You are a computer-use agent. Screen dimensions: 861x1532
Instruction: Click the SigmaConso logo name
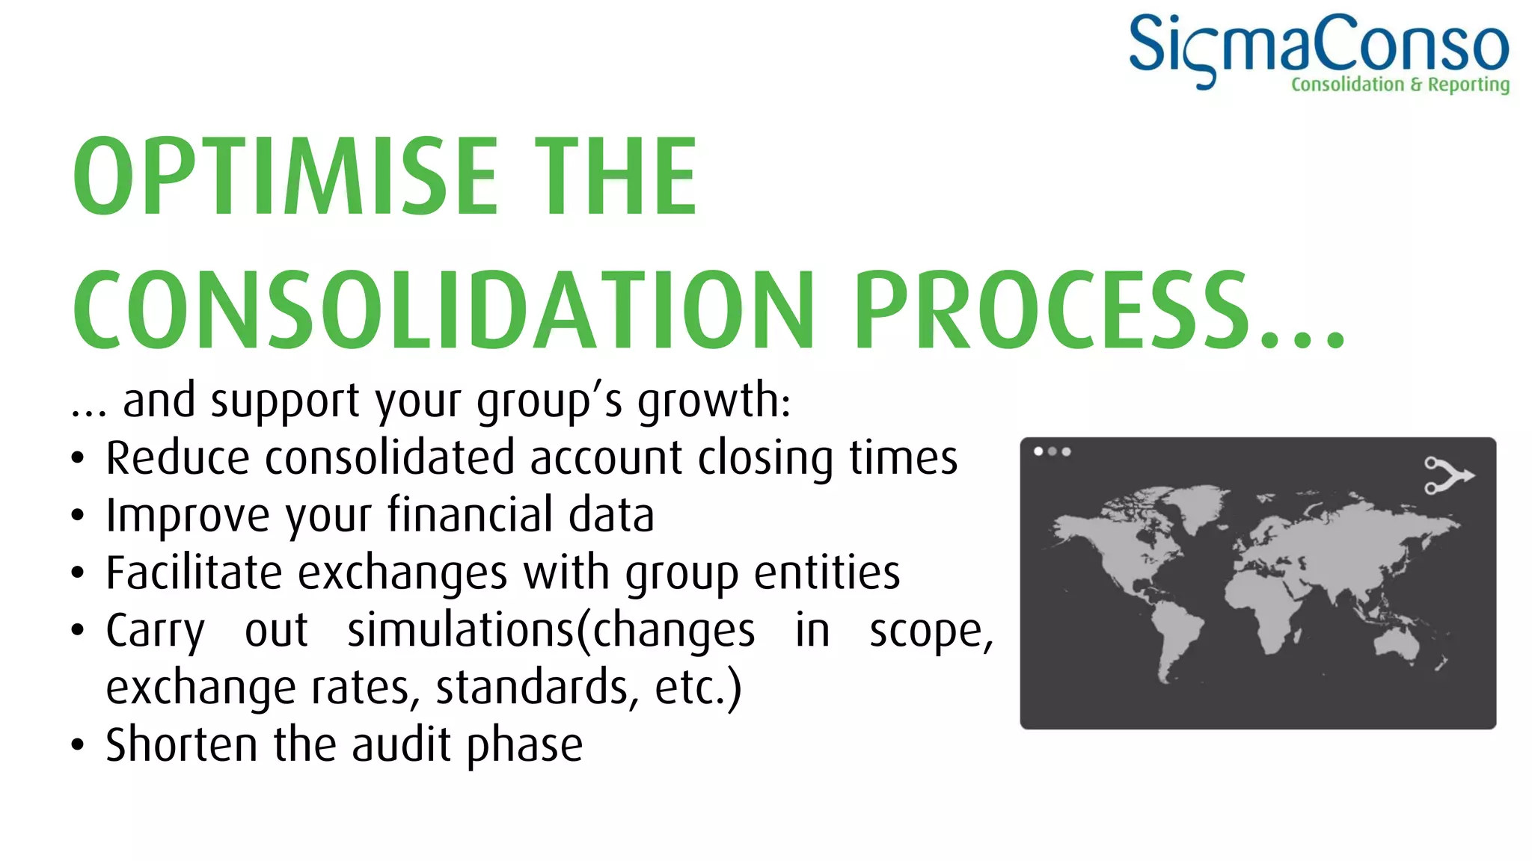click(1318, 45)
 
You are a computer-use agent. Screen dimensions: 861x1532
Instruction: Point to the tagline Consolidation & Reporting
click(1400, 84)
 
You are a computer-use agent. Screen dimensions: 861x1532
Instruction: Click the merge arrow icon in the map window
click(1447, 475)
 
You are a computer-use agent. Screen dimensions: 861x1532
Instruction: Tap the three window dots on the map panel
click(1052, 451)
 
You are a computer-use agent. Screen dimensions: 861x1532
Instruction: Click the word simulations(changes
click(551, 631)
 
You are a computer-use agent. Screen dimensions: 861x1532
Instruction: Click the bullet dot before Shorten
click(78, 745)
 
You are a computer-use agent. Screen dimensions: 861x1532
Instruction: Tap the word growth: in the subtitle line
click(714, 401)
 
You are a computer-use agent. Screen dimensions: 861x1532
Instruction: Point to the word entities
click(826, 573)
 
